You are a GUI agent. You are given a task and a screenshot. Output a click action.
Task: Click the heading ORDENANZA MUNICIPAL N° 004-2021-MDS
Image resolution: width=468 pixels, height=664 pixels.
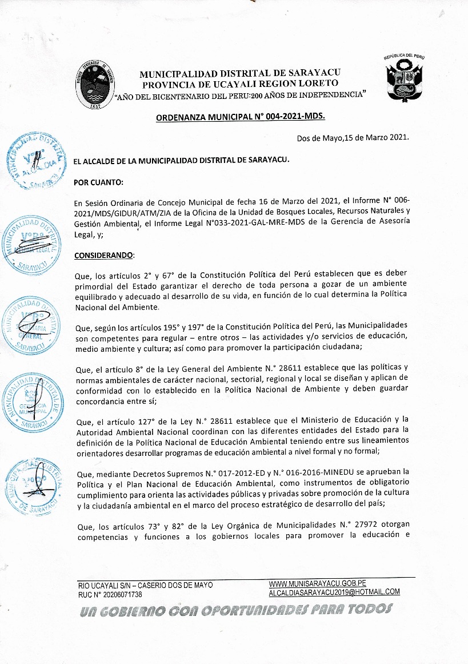[240, 117]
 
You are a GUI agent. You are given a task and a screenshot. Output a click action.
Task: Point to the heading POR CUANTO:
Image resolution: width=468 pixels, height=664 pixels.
[98, 182]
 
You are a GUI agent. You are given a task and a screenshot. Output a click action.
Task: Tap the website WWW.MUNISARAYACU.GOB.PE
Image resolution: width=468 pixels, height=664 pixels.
[317, 583]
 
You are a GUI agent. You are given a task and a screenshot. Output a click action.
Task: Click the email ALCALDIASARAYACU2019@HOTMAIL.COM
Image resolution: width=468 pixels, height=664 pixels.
[334, 592]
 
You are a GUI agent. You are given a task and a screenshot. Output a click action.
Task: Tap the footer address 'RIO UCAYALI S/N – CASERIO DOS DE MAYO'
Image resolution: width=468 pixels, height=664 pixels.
[145, 586]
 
